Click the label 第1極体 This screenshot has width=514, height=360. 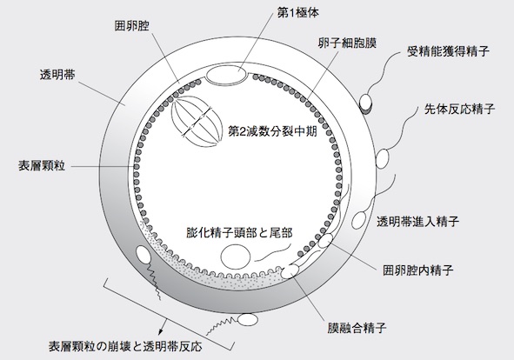click(297, 13)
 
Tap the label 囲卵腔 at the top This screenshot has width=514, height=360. click(132, 26)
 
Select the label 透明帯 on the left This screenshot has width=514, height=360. click(57, 75)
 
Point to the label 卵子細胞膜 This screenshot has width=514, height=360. click(347, 43)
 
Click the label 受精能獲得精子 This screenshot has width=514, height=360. click(448, 51)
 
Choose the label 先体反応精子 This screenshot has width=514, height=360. click(459, 109)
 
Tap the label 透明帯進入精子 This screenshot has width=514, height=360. click(417, 222)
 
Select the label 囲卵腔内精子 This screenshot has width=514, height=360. click(418, 270)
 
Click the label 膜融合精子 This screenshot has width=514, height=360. click(357, 328)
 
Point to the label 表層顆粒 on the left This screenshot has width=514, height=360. click(42, 166)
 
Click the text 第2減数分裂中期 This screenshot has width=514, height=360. click(272, 131)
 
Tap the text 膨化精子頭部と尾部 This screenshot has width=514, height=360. click(239, 233)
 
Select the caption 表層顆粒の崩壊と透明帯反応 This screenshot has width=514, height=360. click(125, 347)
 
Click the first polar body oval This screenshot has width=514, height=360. click(226, 75)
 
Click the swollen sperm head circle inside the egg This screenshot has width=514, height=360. click(236, 257)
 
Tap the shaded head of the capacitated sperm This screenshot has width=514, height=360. click(366, 103)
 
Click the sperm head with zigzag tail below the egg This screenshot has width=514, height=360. click(248, 319)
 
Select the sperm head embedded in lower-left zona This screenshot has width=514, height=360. click(144, 254)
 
